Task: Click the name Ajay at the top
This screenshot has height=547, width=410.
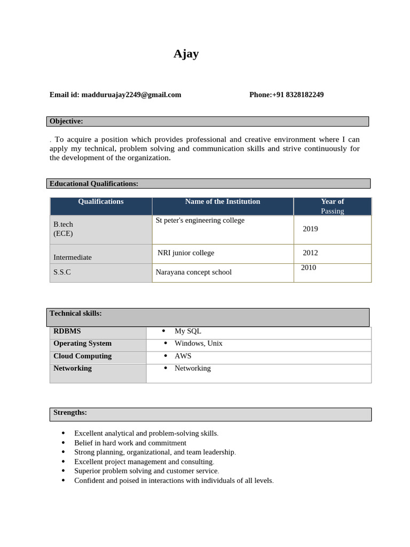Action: pos(186,54)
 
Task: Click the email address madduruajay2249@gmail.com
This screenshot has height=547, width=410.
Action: pos(131,95)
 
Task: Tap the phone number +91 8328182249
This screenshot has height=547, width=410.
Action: pos(297,95)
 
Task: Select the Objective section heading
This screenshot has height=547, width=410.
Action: pos(66,121)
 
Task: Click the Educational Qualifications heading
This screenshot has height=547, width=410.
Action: pos(94,184)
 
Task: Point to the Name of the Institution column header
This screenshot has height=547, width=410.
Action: pos(223,202)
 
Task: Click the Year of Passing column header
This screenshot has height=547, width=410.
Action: pos(332,206)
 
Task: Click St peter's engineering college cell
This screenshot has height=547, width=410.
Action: pos(200,220)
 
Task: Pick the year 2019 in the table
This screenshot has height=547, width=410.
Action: pos(310,229)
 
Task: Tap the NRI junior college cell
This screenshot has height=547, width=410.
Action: pos(186,253)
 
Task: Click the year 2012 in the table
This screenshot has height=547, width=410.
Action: pos(310,253)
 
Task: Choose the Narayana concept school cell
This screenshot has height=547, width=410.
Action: pos(193,272)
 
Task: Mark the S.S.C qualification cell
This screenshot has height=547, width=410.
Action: pos(62,272)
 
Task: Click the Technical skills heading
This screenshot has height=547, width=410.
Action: pos(75,314)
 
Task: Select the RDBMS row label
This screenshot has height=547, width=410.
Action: pos(67,331)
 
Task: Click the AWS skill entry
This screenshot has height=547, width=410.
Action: pos(183,356)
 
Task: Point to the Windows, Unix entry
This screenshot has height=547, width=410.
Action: pos(198,343)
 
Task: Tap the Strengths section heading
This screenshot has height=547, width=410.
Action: pos(70,412)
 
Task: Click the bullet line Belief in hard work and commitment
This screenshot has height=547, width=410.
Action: pos(130,443)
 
